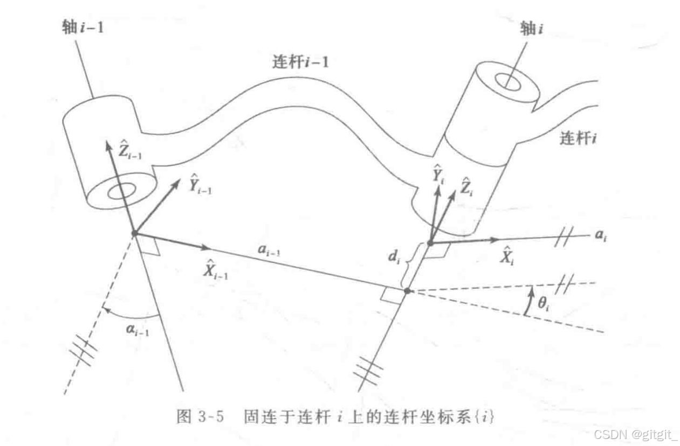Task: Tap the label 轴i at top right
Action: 530,29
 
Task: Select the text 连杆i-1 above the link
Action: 300,62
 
